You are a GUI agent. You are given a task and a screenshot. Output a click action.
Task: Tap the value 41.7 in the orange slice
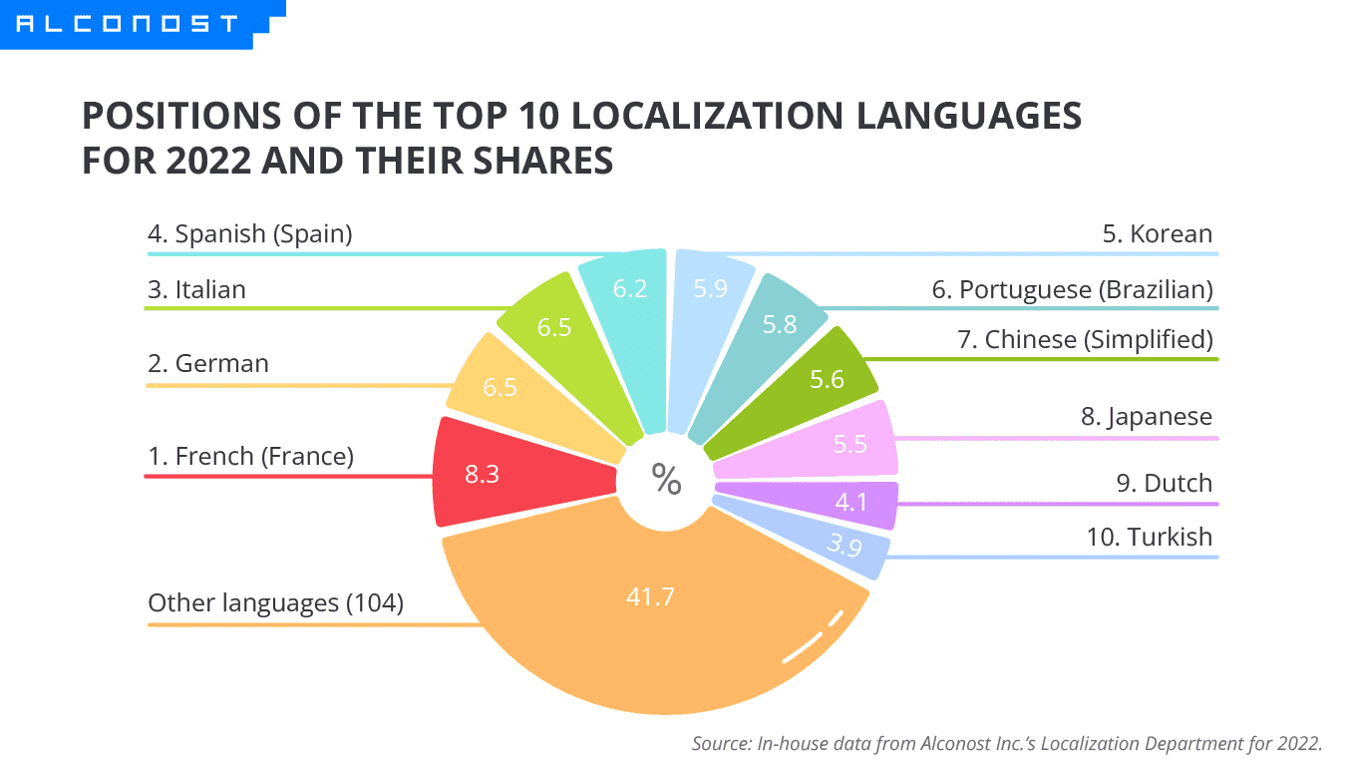point(650,597)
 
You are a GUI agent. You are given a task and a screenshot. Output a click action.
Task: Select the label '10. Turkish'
point(1149,537)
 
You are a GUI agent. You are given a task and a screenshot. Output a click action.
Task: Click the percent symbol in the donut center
point(666,480)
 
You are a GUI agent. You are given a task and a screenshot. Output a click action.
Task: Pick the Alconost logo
point(128,23)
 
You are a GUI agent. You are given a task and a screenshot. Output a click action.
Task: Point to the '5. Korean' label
point(1157,234)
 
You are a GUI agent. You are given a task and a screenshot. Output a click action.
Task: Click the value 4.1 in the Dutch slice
point(850,503)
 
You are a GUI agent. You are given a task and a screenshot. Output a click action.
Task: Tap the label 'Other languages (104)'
point(275,603)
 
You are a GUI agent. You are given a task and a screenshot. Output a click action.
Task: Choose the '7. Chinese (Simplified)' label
point(1085,340)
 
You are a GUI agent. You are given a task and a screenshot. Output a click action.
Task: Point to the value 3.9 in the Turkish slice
point(844,546)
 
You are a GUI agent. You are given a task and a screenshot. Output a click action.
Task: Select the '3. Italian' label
point(196,289)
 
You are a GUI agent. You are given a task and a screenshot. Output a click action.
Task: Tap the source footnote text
point(1006,743)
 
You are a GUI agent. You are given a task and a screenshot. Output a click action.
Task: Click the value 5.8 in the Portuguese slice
point(780,323)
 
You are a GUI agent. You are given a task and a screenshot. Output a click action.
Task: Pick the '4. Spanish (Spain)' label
point(250,234)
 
